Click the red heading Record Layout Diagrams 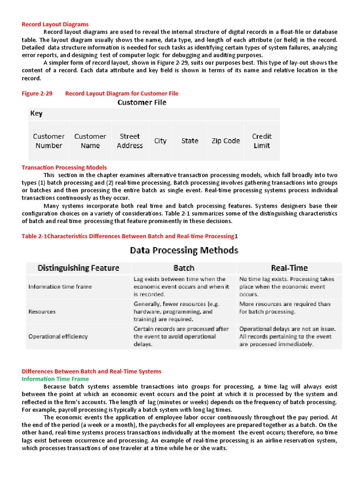(55, 24)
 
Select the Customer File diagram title (142, 102)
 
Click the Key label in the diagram (36, 113)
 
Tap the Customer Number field (49, 141)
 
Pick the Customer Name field (90, 141)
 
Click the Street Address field (130, 141)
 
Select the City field (160, 141)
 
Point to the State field (190, 141)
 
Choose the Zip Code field (225, 141)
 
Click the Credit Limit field (262, 141)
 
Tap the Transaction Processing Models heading (64, 167)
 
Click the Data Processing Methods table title (184, 250)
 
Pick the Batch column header (184, 268)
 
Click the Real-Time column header (290, 268)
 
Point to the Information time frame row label (60, 286)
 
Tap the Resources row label (42, 311)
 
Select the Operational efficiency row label (59, 336)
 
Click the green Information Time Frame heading (55, 379)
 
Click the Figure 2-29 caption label (37, 93)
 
